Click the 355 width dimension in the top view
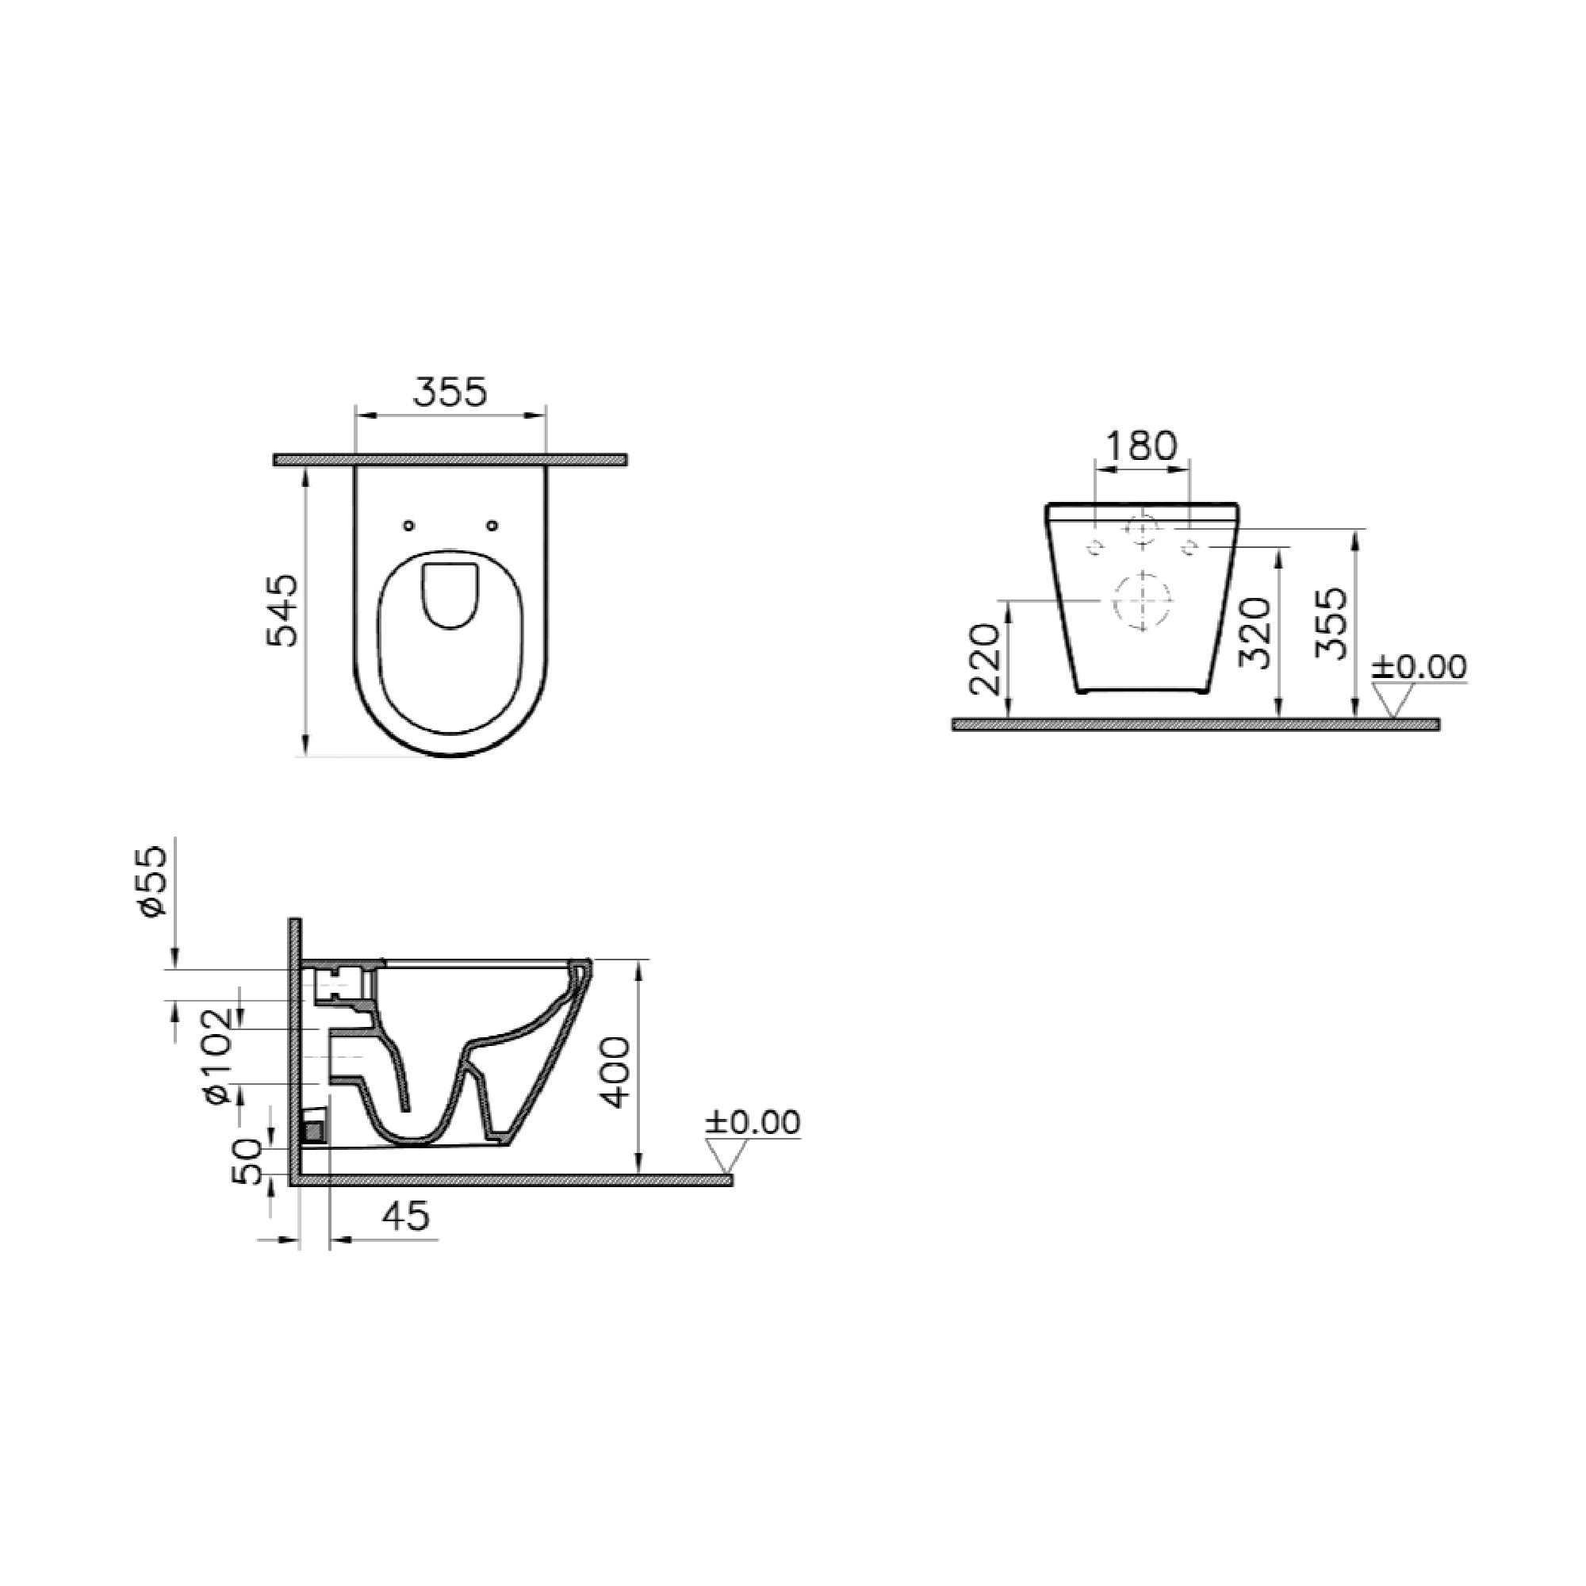[450, 393]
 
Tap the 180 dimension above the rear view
[1141, 446]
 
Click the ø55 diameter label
[154, 882]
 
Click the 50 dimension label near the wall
[249, 1160]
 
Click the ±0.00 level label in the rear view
[1419, 667]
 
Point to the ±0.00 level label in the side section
[753, 1122]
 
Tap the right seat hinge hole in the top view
[492, 526]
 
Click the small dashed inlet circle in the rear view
[1142, 531]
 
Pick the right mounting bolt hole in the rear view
[1188, 546]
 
